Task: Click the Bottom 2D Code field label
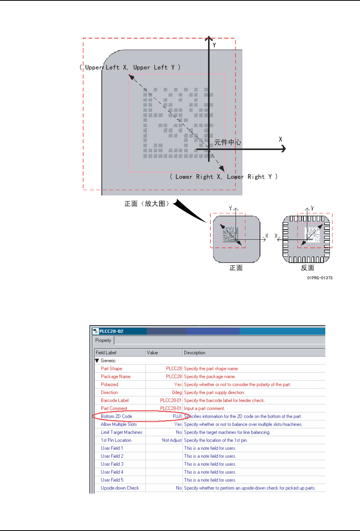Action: [116, 416]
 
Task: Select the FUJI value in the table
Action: [177, 416]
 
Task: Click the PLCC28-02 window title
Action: [111, 331]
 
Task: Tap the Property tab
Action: [103, 340]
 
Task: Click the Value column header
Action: [152, 352]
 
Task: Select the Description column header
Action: [195, 352]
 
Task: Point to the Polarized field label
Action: [109, 384]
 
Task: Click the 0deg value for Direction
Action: [177, 392]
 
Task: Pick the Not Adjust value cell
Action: [172, 440]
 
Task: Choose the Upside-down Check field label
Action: [120, 488]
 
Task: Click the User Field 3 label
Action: [112, 464]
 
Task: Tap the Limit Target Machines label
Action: [121, 432]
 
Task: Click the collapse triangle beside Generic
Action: [97, 360]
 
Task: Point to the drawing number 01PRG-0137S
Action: [320, 278]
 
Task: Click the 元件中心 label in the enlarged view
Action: [228, 142]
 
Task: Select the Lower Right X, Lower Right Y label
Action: [224, 177]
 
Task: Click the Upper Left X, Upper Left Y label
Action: [130, 68]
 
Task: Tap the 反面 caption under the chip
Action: [307, 268]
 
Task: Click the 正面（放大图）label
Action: [147, 204]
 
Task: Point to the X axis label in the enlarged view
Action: [281, 139]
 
